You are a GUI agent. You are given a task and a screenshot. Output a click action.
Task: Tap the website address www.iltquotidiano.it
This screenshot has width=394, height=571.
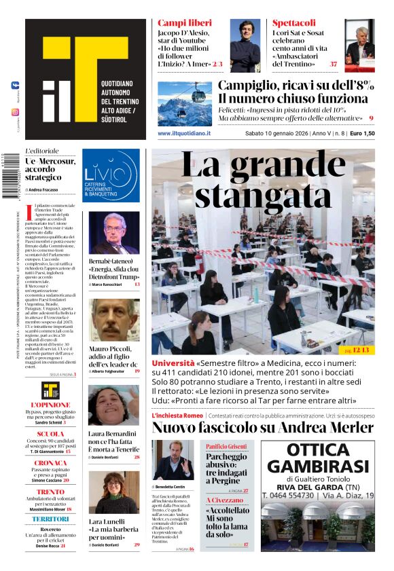pyautogui.click(x=184, y=134)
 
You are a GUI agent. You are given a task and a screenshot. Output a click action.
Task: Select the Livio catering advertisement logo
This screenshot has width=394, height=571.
pyautogui.click(x=111, y=176)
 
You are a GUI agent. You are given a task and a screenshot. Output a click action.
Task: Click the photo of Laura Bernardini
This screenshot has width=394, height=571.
pyautogui.click(x=113, y=405)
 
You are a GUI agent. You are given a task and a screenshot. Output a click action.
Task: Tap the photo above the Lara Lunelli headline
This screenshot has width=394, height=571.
pyautogui.click(x=113, y=492)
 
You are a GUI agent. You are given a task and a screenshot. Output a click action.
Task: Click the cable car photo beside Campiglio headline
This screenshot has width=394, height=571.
pyautogui.click(x=185, y=103)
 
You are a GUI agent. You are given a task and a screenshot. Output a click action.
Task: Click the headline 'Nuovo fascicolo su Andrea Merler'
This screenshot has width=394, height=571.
pyautogui.click(x=262, y=428)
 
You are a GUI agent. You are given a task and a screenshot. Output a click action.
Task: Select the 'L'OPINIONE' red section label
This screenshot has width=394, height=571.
pyautogui.click(x=51, y=405)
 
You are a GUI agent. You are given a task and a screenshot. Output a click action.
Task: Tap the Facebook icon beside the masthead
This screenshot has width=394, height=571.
pyautogui.click(x=15, y=85)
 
